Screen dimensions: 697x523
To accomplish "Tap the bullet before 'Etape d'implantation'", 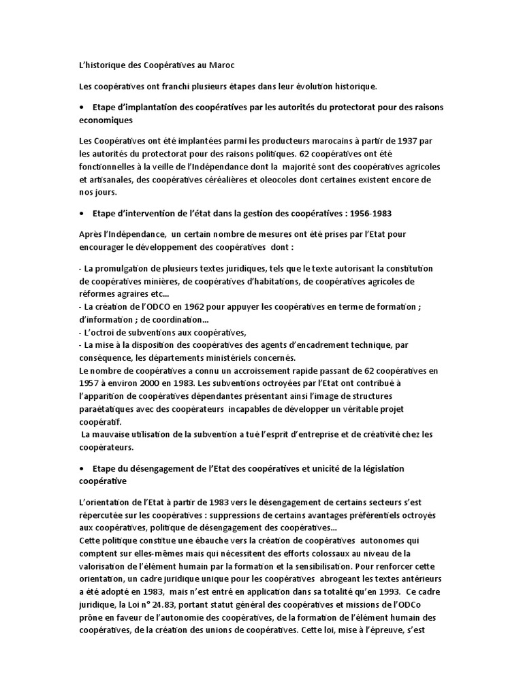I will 82,108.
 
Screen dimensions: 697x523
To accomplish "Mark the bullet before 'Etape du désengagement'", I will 82,469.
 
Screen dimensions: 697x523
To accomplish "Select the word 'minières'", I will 164,280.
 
